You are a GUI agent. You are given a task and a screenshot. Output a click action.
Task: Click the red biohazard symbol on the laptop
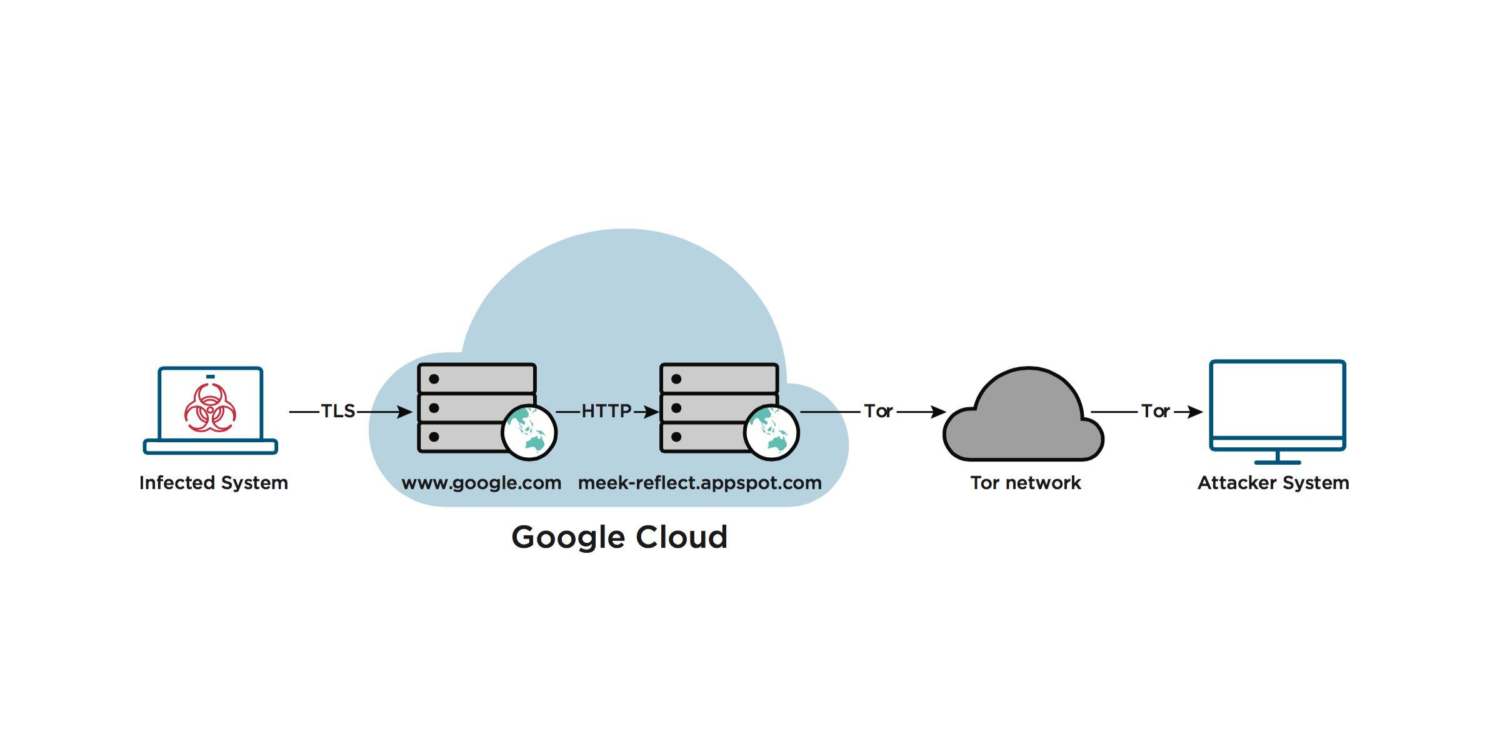[210, 408]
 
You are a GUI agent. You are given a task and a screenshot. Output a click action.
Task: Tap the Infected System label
[214, 483]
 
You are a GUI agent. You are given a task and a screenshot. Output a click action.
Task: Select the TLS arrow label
[338, 411]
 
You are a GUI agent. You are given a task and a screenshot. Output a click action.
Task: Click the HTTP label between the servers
[606, 411]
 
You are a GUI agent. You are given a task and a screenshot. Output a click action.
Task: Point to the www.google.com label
[481, 483]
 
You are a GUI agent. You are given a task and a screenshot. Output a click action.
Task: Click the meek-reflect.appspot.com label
[699, 483]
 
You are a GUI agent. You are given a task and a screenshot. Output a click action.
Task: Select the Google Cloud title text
[619, 537]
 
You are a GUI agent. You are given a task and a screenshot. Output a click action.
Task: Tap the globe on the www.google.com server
[529, 432]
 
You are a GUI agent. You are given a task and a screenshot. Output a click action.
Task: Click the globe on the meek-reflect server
[771, 432]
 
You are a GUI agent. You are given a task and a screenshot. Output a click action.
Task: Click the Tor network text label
[1025, 483]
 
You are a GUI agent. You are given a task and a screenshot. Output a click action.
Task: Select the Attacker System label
[1273, 483]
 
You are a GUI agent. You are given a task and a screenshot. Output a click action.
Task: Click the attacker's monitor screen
[1277, 400]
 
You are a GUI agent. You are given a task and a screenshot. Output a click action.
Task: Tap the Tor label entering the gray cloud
[878, 411]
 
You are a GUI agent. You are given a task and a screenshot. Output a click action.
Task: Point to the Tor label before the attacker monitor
[1155, 411]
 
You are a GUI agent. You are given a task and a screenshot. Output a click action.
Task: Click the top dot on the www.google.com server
[434, 379]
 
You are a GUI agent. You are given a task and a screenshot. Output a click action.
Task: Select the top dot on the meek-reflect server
[676, 379]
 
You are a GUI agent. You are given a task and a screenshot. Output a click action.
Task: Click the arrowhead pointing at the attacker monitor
[1195, 412]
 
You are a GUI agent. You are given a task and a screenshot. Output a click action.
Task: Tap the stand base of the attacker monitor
[1277, 462]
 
